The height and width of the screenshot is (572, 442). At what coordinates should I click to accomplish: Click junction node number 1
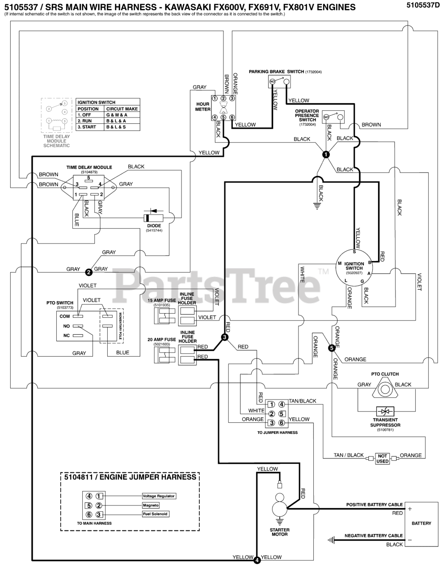(326, 154)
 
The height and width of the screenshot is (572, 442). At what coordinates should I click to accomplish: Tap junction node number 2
(88, 271)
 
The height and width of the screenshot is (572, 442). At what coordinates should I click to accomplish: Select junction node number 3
(225, 337)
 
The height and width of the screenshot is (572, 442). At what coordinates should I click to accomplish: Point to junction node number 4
(257, 559)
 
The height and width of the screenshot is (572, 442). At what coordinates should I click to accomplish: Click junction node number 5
(332, 347)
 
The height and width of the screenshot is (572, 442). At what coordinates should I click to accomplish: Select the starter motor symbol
(280, 508)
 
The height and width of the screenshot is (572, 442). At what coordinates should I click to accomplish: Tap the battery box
(421, 523)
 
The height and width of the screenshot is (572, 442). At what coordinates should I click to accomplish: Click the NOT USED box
(383, 458)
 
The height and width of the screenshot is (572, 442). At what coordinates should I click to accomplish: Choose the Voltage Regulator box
(159, 496)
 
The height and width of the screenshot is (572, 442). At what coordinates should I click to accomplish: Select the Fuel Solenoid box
(156, 514)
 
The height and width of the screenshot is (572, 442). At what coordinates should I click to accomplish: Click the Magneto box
(151, 505)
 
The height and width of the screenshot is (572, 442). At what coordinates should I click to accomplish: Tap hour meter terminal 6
(232, 118)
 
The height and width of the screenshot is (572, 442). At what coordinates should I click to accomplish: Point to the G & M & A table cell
(117, 115)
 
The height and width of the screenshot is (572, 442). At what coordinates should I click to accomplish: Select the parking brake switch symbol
(280, 82)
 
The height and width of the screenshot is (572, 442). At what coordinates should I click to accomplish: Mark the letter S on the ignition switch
(354, 252)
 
